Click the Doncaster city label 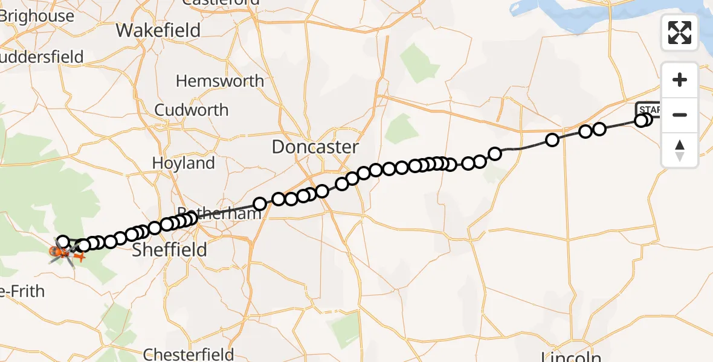pos(315,147)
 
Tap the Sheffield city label pos(170,249)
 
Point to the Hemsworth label pos(219,81)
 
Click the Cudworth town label pos(191,110)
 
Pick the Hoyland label pos(183,163)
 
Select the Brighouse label pos(37,16)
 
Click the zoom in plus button pos(680,80)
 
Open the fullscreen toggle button pos(680,33)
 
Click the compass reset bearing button pos(680,150)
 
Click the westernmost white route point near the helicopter pos(63,242)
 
